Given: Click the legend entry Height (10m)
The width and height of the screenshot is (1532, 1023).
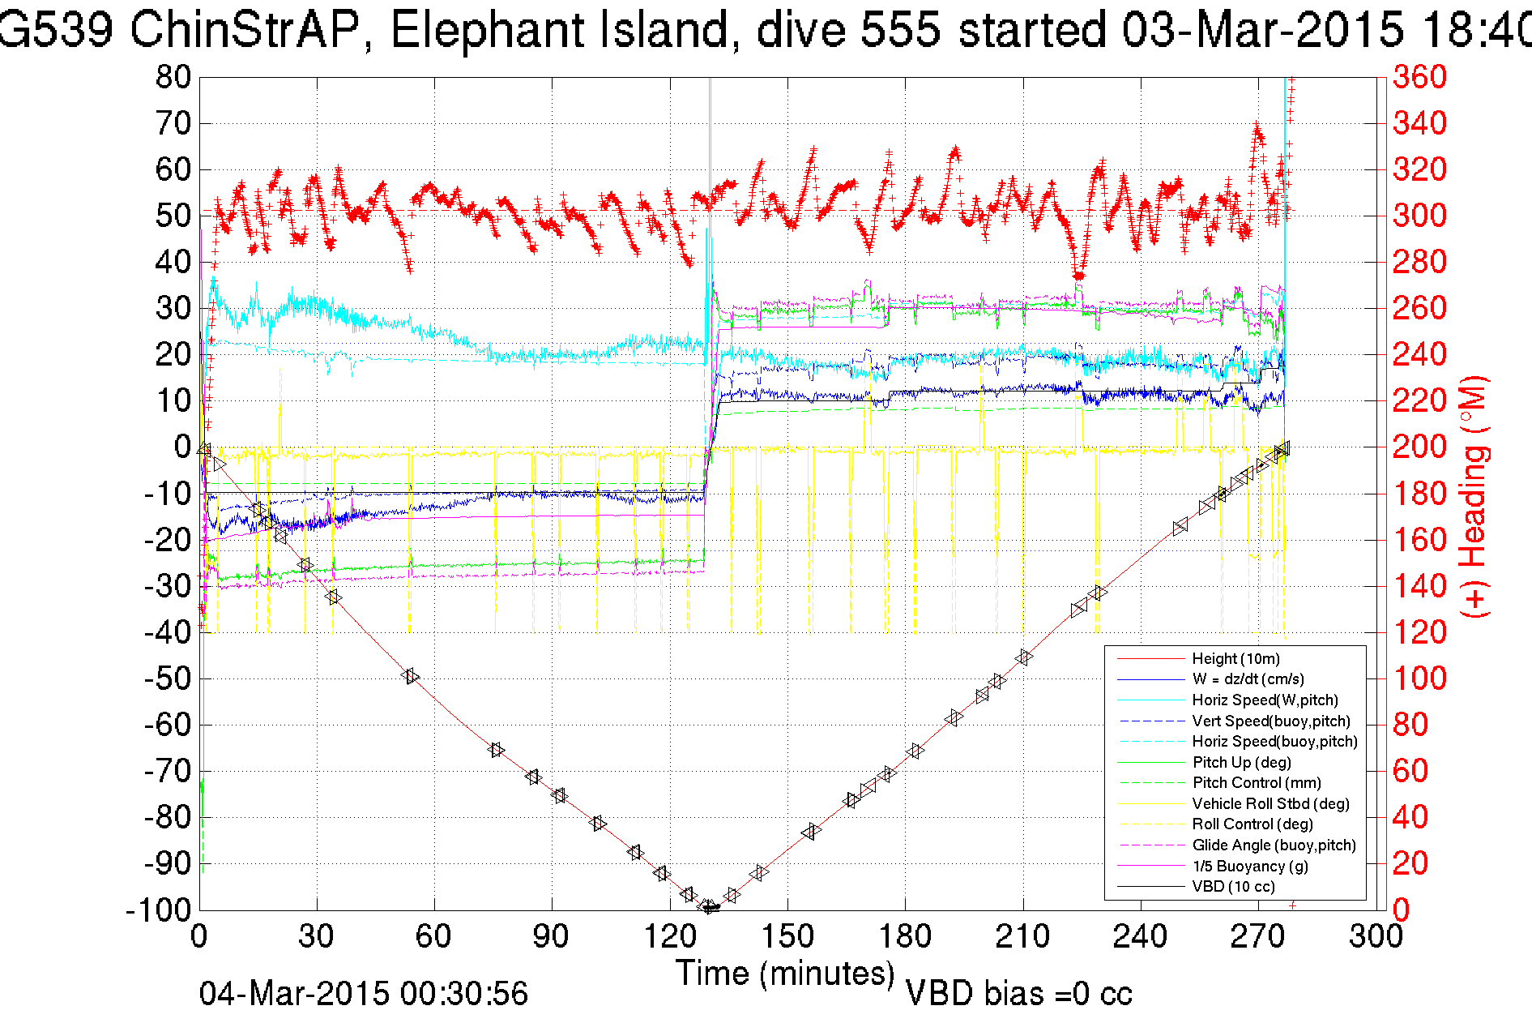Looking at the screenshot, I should (x=1235, y=658).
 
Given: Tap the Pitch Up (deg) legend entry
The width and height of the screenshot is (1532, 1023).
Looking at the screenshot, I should (x=1241, y=762).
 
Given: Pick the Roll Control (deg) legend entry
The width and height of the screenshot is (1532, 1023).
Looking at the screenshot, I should (x=1252, y=824).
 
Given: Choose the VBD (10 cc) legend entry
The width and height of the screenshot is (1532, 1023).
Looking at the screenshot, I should (x=1233, y=887).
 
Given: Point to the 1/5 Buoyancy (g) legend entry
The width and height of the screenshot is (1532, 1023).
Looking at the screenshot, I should (x=1250, y=866).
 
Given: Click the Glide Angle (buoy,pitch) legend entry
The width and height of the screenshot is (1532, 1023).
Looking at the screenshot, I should (x=1274, y=845).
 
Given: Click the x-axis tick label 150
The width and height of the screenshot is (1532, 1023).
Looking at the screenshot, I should (x=787, y=937).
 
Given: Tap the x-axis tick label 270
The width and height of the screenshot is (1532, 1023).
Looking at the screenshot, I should (x=1258, y=937).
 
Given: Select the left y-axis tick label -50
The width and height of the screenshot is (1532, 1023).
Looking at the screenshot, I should (x=168, y=678).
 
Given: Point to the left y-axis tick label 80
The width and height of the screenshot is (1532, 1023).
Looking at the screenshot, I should (x=173, y=78).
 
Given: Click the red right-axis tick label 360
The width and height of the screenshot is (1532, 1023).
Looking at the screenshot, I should (x=1419, y=77).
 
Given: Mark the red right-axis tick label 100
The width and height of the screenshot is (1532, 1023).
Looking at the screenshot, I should (x=1419, y=678).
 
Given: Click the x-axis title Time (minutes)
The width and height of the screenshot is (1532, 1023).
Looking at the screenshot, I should (x=785, y=974).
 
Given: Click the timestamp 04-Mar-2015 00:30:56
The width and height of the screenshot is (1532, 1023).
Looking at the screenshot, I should (x=364, y=994).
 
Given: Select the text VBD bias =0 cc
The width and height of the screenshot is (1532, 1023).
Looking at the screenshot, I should (x=1018, y=994).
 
